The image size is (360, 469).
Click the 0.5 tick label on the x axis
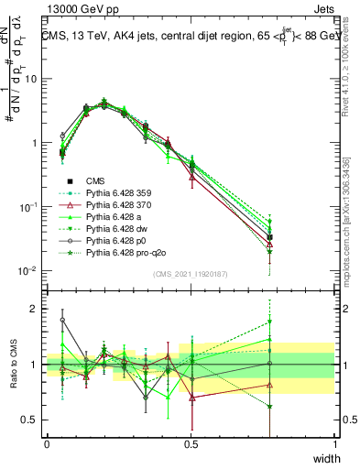pyautogui.click(x=191, y=443)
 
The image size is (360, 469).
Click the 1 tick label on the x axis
pyautogui.click(x=334, y=443)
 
